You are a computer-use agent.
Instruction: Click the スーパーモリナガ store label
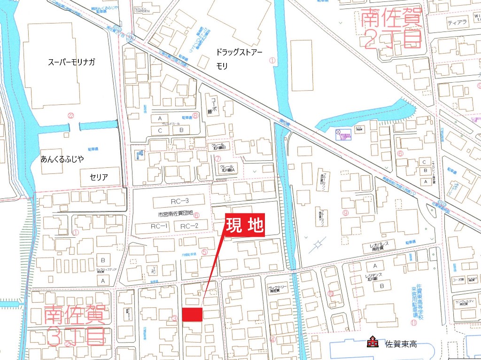pos(71,62)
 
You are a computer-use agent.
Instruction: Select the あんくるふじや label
pos(62,160)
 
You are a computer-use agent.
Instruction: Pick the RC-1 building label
pos(159,227)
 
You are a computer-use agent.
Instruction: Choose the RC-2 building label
pos(190,227)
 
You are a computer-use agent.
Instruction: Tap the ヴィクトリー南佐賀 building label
pos(277,289)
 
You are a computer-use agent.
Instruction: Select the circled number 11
pos(413,322)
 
